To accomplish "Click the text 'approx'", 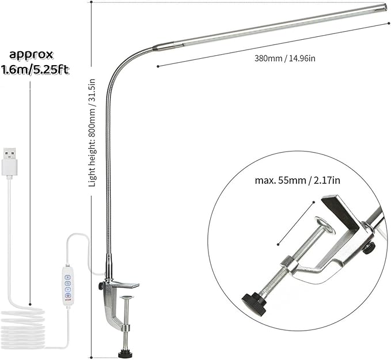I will point(31,55).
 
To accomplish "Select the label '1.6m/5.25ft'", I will point(36,70).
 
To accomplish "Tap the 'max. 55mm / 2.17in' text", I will point(298,180).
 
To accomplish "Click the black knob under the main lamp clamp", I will point(124,353).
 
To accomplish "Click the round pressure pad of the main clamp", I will point(127,298).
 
